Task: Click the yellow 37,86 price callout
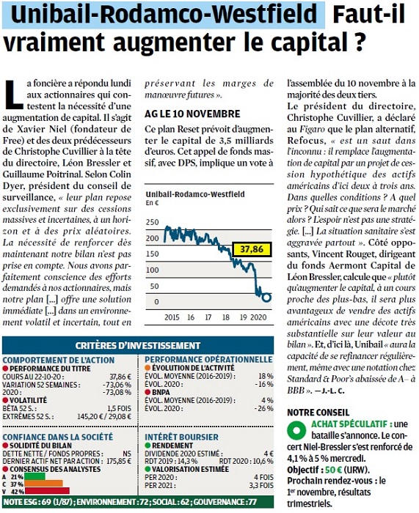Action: click(252, 249)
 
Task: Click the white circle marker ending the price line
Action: click(266, 298)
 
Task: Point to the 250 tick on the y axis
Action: click(153, 222)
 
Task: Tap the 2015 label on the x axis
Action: click(172, 317)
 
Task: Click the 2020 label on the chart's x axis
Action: click(258, 317)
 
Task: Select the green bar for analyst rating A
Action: click(34, 476)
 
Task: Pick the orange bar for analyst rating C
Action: click(43, 484)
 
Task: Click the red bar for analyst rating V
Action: click(47, 491)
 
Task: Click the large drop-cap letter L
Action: click(13, 95)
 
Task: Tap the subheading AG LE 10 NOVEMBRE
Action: click(192, 114)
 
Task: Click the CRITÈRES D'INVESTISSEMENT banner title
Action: click(138, 345)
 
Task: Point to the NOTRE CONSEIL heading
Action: click(318, 412)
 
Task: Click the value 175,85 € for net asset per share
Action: click(119, 461)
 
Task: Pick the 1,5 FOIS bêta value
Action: click(120, 409)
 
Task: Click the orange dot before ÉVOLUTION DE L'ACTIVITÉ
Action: click(147, 368)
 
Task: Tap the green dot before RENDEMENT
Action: click(147, 446)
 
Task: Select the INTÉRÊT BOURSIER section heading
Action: click(181, 437)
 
